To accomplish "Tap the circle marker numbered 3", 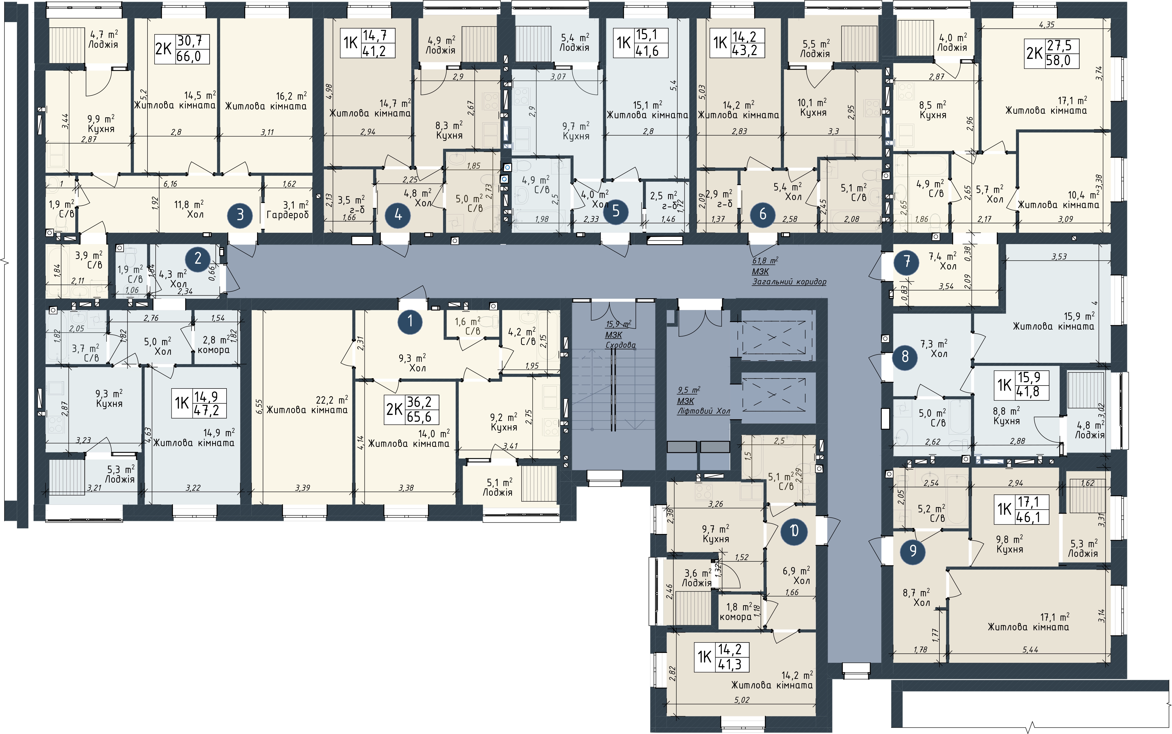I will coord(240,215).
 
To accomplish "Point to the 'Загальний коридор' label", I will coord(789,282).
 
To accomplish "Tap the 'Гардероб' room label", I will coord(287,215).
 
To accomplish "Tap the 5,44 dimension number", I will coord(1030,649).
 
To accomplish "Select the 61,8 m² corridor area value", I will coord(765,261).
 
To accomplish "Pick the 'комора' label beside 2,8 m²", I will coord(214,350).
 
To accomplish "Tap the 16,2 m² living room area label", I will coord(291,96).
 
